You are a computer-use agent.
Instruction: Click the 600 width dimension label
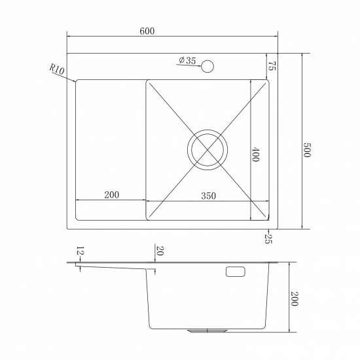[147, 31]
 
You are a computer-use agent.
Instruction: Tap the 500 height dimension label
[307, 150]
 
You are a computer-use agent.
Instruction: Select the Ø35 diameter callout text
[187, 60]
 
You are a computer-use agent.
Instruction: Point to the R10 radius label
[57, 69]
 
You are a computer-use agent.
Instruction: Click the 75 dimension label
[272, 66]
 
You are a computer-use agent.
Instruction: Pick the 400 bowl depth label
[255, 154]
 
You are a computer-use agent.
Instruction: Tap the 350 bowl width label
[208, 196]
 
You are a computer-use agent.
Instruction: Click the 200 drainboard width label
[112, 195]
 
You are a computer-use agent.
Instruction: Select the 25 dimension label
[268, 238]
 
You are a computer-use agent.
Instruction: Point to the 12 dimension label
[80, 251]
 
